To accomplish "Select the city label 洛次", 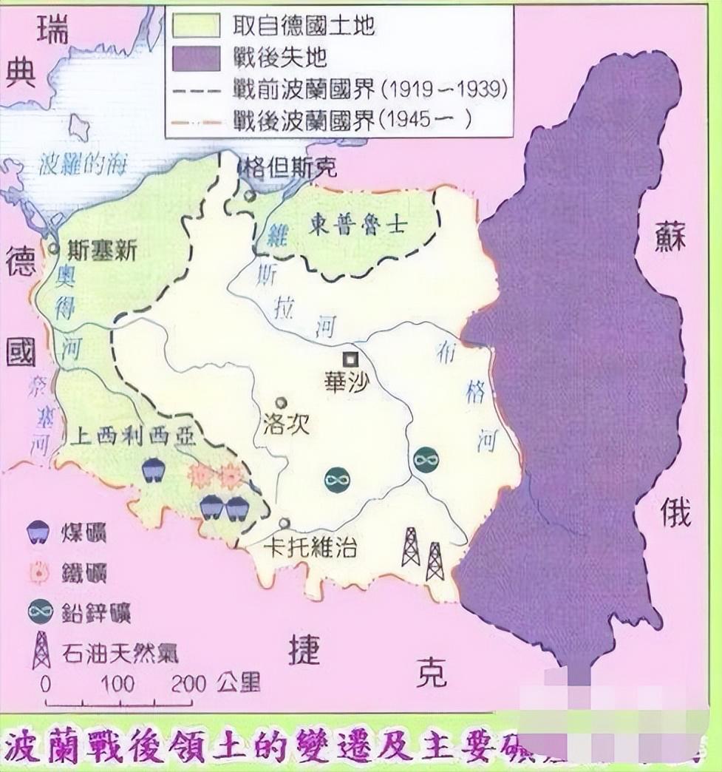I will (285, 427).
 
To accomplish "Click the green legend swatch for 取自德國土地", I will (197, 25).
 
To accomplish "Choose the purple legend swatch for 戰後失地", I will (197, 56).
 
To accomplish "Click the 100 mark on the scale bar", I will (117, 683).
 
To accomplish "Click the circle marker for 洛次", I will (280, 403).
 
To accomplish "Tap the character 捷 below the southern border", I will (304, 651).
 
